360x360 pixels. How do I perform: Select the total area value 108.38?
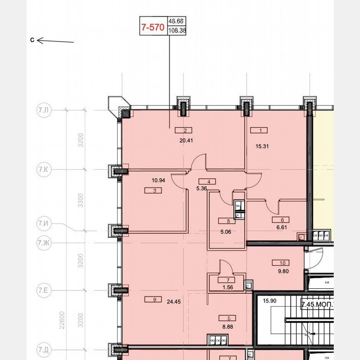click(177, 30)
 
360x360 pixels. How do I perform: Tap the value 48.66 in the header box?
click(176, 21)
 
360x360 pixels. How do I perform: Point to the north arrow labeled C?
click(54, 40)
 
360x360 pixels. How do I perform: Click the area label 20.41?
click(186, 140)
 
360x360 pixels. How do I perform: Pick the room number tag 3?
click(155, 191)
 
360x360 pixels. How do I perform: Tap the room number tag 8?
click(228, 221)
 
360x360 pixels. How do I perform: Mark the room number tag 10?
click(282, 263)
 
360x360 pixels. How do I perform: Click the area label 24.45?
click(174, 302)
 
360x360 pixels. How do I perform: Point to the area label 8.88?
click(227, 327)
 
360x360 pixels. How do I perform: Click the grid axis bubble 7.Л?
click(43, 110)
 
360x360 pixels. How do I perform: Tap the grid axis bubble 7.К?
click(43, 170)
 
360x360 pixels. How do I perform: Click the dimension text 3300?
click(81, 200)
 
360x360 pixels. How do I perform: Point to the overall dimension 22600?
click(62, 321)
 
